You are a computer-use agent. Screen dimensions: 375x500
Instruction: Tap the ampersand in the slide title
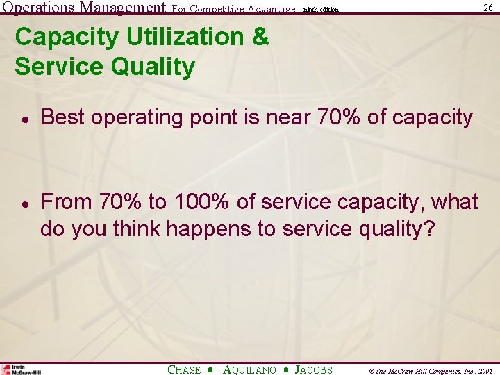pos(260,37)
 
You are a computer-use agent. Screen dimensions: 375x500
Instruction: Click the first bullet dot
pos(24,119)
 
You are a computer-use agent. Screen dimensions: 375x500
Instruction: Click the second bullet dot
pos(24,203)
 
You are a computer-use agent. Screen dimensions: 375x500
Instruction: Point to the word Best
pos(63,117)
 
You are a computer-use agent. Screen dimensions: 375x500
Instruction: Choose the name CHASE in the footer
pos(184,370)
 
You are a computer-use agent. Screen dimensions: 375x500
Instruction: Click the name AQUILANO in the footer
pos(249,370)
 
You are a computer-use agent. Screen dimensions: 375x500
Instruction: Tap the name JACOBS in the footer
pos(314,370)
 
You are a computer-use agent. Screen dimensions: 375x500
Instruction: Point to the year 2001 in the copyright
pos(485,371)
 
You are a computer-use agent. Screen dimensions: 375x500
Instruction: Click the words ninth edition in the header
pos(322,10)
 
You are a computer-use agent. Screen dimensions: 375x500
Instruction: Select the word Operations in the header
pos(37,8)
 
